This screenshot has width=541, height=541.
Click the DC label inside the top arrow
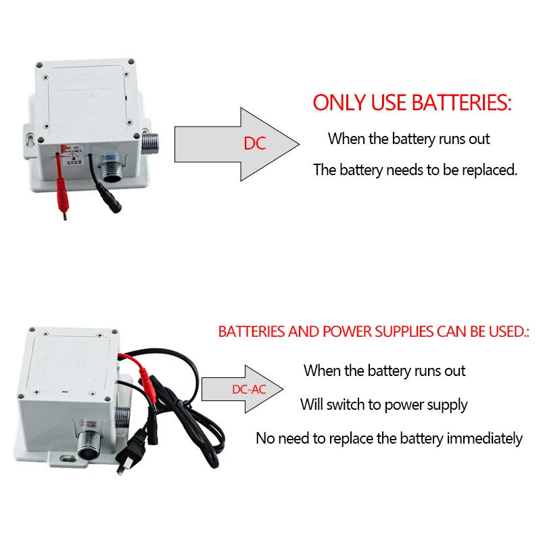pos(256,144)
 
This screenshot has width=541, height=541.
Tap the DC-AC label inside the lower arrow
pos(249,390)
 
